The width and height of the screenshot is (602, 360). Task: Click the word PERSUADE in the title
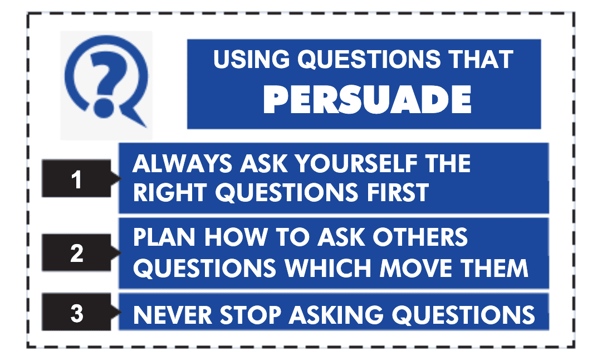coord(367,100)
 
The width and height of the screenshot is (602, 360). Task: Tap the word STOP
coord(251,315)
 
